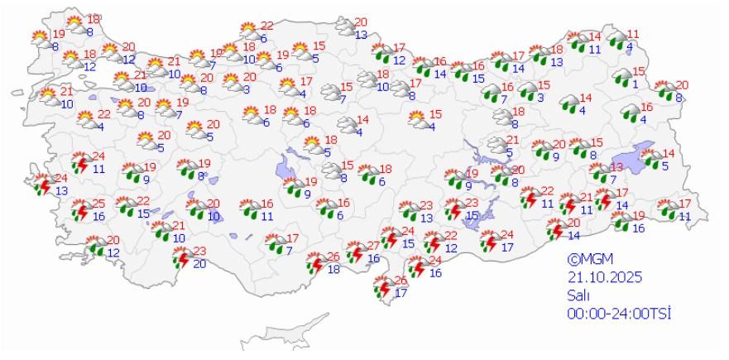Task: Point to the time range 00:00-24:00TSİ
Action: pos(617,313)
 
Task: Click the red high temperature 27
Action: pos(373,246)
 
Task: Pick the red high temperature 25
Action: pos(98,204)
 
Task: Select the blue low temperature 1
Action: pos(635,84)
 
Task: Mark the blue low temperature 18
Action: pos(333,269)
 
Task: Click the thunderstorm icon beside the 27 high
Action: pos(355,252)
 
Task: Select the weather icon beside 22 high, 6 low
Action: pos(247,32)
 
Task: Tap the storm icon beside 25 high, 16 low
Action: pos(80,209)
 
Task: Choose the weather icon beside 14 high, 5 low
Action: pos(653,158)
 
